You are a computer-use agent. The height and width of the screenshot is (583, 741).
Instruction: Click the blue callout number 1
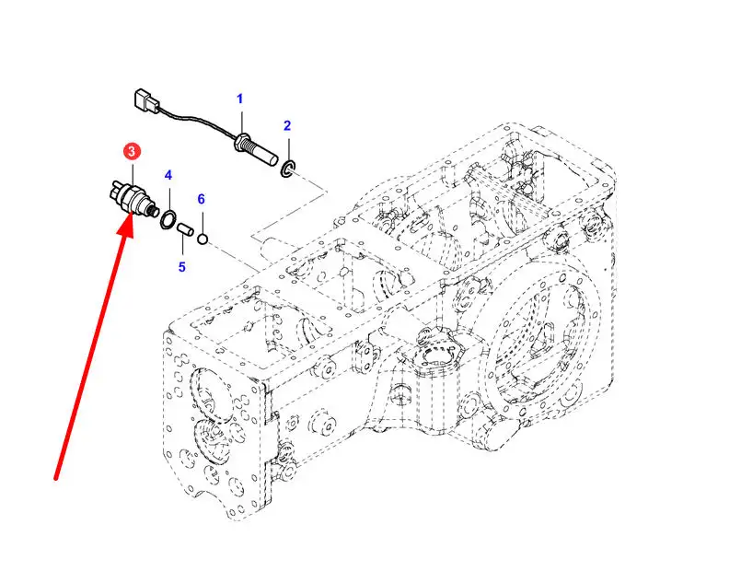[x=240, y=99]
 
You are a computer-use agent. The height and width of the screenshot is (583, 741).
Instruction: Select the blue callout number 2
[x=287, y=125]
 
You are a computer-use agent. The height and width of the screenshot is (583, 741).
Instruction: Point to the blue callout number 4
[x=168, y=175]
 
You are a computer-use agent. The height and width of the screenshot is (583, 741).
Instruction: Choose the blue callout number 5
[x=181, y=267]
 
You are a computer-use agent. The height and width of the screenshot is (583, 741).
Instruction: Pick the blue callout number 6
[x=201, y=199]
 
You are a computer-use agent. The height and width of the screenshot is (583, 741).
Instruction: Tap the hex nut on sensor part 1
[x=245, y=143]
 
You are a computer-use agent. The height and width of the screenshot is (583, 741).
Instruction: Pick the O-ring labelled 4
[x=168, y=218]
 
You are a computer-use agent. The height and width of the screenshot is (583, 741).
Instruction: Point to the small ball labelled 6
[x=203, y=240]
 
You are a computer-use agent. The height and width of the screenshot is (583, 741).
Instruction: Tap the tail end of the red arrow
[x=58, y=477]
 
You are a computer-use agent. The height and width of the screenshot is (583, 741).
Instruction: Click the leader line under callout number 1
[x=241, y=120]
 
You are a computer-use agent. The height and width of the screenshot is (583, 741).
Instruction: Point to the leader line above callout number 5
[x=182, y=248]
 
